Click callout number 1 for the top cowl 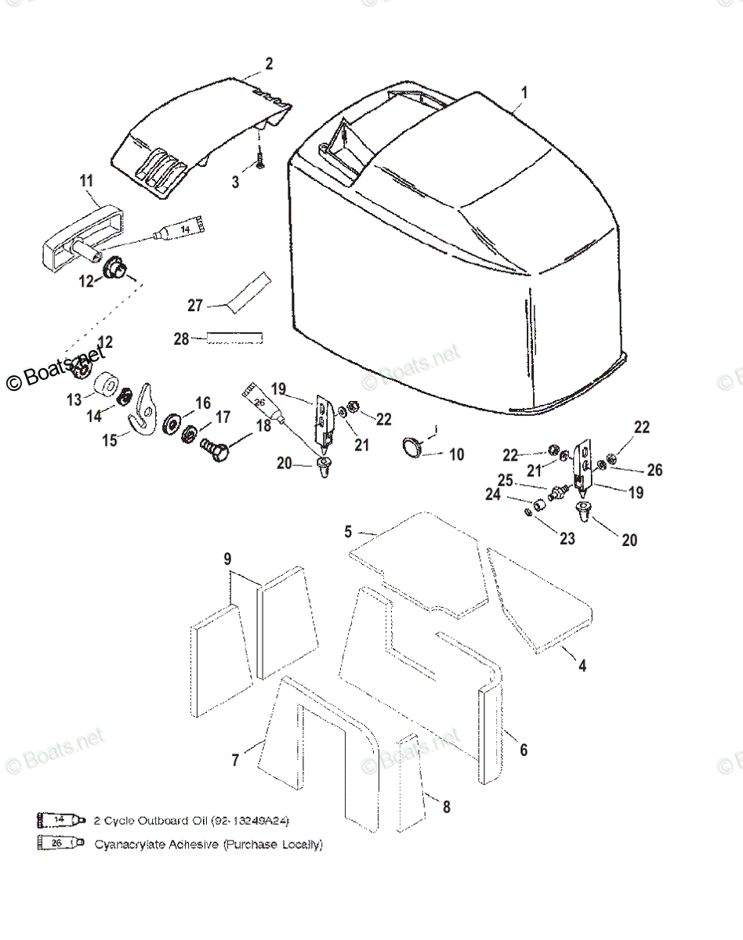point(524,92)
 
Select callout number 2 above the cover point(269,64)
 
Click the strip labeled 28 point(234,338)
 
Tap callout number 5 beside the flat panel point(348,532)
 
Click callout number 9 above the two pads point(227,559)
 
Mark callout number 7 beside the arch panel point(235,759)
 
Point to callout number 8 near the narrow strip point(446,807)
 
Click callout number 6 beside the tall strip point(524,750)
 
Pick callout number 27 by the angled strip point(195,305)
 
